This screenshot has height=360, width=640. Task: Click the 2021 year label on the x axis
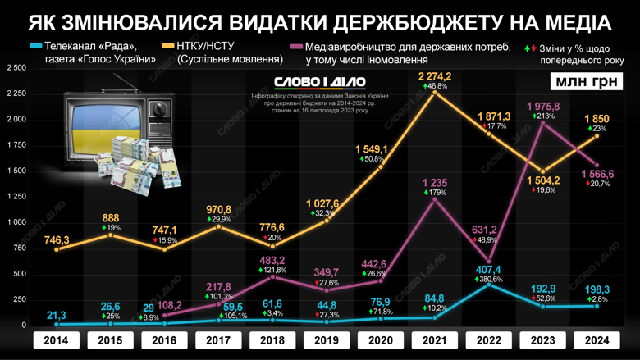click(435, 339)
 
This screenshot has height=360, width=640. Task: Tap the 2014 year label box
click(56, 339)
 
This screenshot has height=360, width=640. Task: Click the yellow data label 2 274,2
click(434, 76)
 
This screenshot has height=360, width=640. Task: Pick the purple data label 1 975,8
click(542, 107)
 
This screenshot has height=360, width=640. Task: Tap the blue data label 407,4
click(488, 270)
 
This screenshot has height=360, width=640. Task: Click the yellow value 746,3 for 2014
click(56, 239)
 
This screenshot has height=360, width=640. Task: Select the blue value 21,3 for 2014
click(56, 315)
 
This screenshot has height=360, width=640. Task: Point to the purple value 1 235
click(435, 182)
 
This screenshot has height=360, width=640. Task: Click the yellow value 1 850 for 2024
click(597, 120)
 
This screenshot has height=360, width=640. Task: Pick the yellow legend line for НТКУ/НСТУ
click(168, 46)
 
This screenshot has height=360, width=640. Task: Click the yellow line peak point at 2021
click(435, 92)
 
